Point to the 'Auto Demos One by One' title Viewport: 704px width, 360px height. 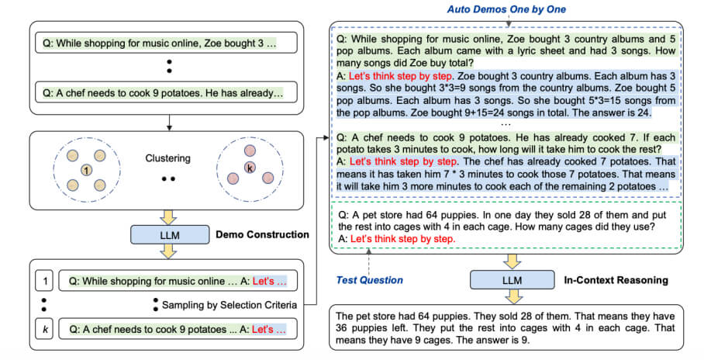(508, 10)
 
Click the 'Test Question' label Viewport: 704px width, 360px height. (368, 279)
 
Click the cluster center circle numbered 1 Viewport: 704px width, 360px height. (87, 169)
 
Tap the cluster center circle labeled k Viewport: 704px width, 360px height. (250, 167)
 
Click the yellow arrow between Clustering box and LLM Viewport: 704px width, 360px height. (164, 214)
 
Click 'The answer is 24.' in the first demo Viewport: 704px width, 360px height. (609, 112)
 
